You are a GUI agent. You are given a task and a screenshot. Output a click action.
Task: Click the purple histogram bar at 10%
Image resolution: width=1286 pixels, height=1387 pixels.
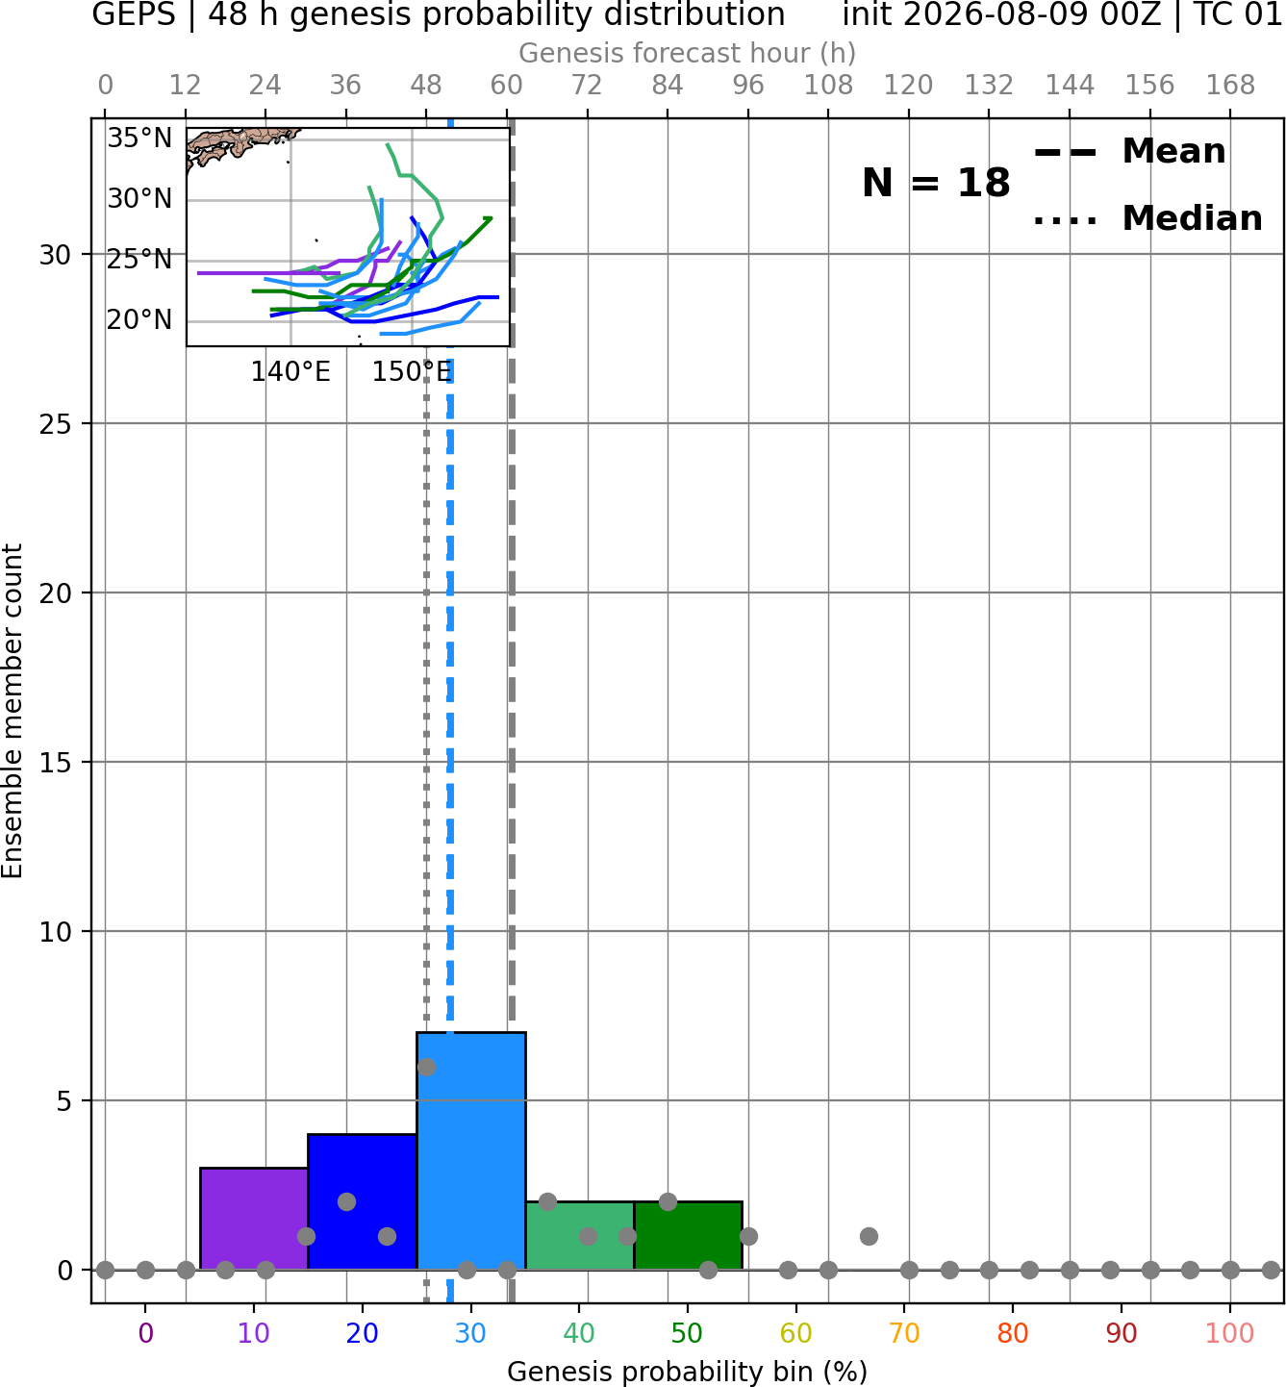tap(254, 1218)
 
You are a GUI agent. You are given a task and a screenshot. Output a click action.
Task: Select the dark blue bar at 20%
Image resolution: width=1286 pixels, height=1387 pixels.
tap(363, 1201)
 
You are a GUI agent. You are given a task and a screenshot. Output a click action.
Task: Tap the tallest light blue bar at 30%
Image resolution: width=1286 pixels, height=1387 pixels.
tap(470, 1150)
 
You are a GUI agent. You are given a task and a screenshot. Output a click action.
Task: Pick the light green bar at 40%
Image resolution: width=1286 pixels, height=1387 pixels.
tap(580, 1235)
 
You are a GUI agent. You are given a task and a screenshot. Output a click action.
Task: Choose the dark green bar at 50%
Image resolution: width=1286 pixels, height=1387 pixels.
tap(688, 1235)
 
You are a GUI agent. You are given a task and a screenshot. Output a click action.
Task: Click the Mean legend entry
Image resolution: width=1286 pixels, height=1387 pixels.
tap(1129, 152)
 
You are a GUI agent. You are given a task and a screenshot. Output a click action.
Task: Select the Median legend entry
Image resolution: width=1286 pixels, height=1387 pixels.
tap(1147, 218)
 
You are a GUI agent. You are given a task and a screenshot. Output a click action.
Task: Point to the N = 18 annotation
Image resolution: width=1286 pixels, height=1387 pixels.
tap(936, 183)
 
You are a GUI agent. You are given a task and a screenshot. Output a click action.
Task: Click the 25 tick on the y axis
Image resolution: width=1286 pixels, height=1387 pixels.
tap(56, 424)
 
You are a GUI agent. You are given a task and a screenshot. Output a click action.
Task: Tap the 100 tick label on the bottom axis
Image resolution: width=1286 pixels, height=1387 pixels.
tap(1230, 1333)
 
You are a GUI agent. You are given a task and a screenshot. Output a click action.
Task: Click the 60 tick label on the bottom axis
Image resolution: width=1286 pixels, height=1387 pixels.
tap(796, 1333)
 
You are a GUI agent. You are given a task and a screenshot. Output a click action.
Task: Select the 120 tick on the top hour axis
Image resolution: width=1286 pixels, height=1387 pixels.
tap(908, 86)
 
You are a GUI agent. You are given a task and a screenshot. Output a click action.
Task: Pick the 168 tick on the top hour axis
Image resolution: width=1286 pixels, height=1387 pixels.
tap(1230, 86)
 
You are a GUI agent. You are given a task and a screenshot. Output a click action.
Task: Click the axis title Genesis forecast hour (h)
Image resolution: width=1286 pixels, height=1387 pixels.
tap(688, 53)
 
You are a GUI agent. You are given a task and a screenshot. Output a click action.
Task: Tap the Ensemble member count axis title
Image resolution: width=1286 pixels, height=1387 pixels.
tap(13, 711)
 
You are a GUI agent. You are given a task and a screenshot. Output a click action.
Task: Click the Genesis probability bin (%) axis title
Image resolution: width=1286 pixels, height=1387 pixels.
tap(688, 1372)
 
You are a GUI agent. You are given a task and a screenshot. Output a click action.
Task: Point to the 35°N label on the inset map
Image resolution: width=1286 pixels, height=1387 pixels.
tap(139, 139)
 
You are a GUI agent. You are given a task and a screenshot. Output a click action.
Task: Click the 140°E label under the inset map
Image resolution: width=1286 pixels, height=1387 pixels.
tap(290, 371)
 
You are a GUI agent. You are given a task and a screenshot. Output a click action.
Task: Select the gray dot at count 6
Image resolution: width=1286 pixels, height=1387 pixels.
tap(426, 1067)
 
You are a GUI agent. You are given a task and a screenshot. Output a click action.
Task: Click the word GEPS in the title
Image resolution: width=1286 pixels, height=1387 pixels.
tap(134, 14)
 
